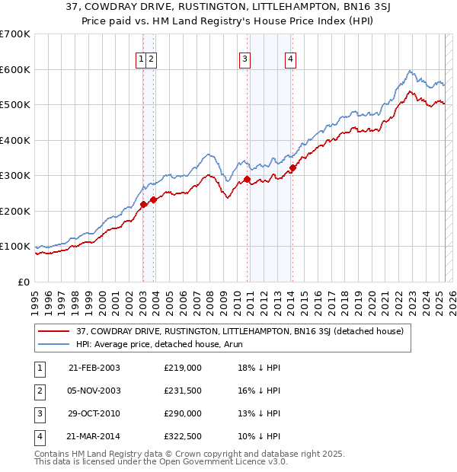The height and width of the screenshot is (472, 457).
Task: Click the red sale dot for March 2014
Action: pyautogui.click(x=293, y=167)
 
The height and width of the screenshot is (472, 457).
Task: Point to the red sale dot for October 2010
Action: pyautogui.click(x=247, y=180)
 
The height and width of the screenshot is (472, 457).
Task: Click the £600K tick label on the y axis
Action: pyautogui.click(x=15, y=69)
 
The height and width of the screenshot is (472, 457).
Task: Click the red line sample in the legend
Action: pyautogui.click(x=54, y=331)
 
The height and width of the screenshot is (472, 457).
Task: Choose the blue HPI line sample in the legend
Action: pyautogui.click(x=54, y=344)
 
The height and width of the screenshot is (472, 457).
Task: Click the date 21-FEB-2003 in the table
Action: pyautogui.click(x=94, y=368)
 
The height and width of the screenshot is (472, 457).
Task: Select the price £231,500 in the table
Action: pyautogui.click(x=183, y=391)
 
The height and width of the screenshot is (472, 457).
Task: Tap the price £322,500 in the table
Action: pyautogui.click(x=183, y=436)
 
